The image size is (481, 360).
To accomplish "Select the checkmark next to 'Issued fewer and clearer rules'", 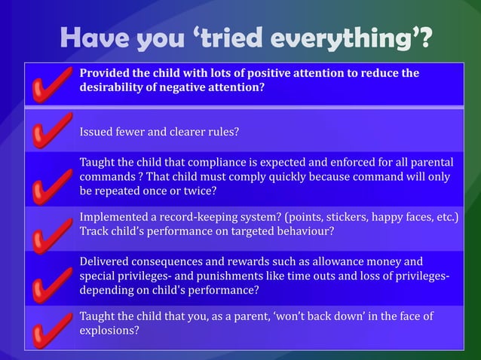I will (51, 134).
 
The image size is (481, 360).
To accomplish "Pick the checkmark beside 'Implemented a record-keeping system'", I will (51, 231).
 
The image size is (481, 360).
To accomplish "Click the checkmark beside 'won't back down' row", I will (51, 329).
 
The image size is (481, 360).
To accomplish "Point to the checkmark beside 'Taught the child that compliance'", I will (51, 185).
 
